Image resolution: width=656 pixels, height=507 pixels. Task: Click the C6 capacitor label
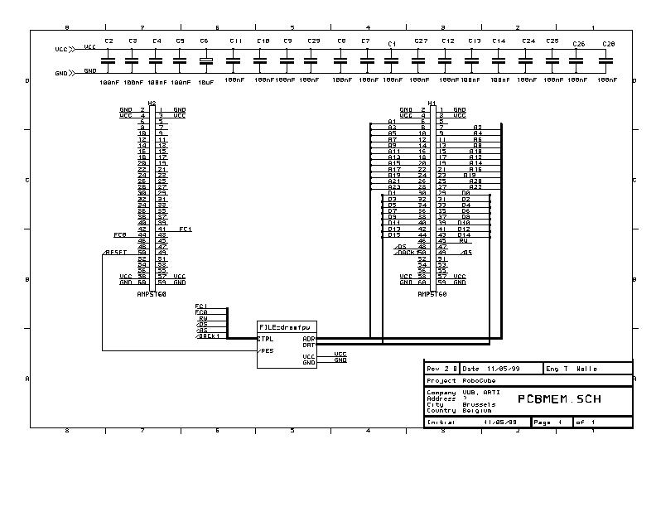coord(204,41)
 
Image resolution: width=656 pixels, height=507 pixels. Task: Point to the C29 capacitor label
coord(313,41)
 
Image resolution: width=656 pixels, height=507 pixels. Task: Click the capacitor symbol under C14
coord(499,60)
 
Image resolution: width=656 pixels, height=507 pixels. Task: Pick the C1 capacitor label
coord(392,43)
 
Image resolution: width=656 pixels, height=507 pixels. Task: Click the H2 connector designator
coord(152,103)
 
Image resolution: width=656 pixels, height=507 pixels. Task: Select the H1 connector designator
coord(432,104)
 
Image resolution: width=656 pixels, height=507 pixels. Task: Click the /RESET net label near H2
coord(116,252)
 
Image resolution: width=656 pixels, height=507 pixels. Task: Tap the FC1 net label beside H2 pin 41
coord(186,229)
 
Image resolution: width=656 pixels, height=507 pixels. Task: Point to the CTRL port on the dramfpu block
coord(266,338)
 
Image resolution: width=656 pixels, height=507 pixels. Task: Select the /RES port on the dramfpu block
coord(266,350)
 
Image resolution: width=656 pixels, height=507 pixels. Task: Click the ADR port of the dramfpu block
coord(309,338)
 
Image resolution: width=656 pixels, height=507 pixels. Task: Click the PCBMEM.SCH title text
coord(559,398)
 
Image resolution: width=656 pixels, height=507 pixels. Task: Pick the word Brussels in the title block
coord(479,404)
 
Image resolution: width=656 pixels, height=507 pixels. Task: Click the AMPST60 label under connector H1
coord(432,294)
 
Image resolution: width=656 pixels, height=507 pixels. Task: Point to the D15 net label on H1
coord(394,235)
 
